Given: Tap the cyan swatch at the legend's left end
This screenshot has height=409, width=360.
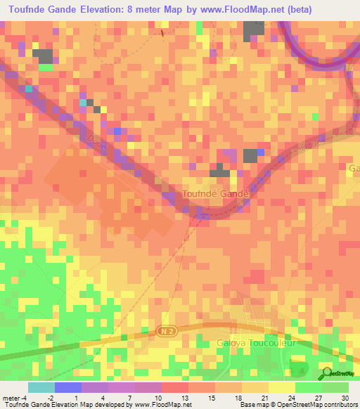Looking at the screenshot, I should tap(41, 387).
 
